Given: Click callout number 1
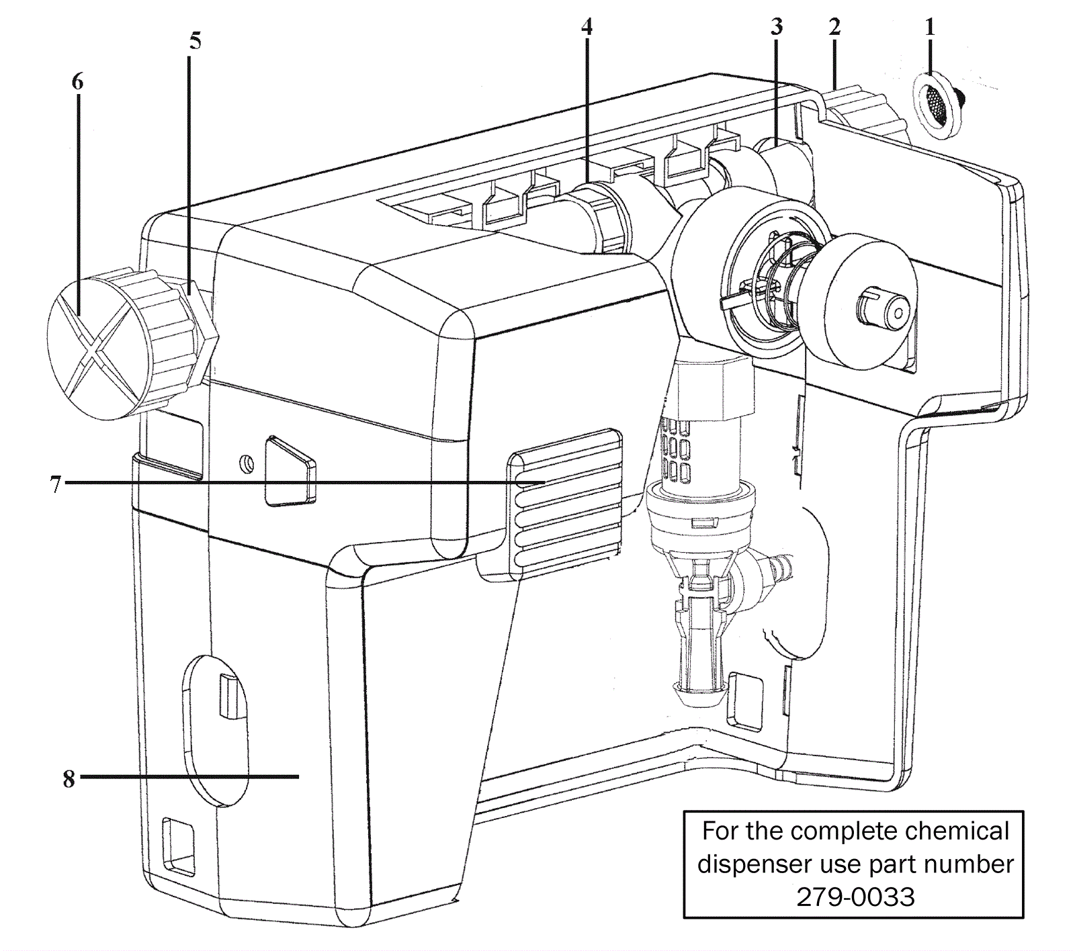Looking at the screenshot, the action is pyautogui.click(x=930, y=27).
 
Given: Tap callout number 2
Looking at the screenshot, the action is pyautogui.click(x=834, y=27).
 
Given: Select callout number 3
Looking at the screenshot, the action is pyautogui.click(x=777, y=27).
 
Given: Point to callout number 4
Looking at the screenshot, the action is pyautogui.click(x=587, y=27).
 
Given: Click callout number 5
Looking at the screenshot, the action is pyautogui.click(x=195, y=41).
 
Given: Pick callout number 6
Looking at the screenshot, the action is pyautogui.click(x=78, y=82).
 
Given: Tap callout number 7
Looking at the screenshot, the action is pyautogui.click(x=56, y=484).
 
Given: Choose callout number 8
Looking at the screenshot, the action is pyautogui.click(x=69, y=778).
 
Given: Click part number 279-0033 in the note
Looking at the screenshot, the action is pyautogui.click(x=855, y=897).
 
